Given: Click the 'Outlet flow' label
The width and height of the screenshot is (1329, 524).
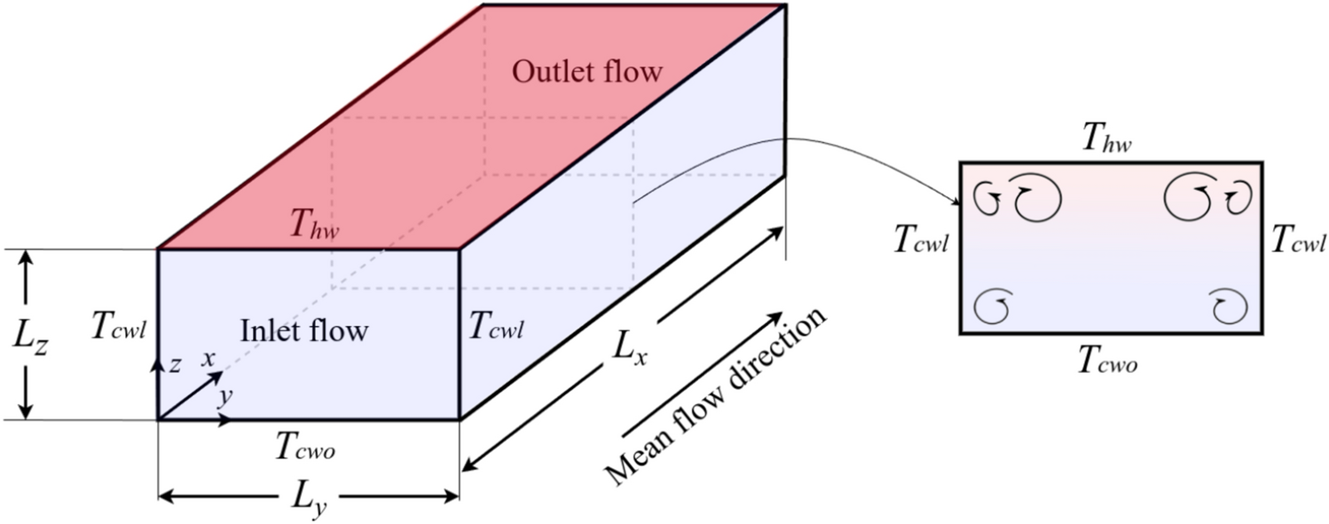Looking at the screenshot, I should pyautogui.click(x=586, y=72).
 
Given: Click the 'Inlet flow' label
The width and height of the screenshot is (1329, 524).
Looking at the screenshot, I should pyautogui.click(x=304, y=330).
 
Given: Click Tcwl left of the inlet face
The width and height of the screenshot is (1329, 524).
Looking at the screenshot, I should pyautogui.click(x=118, y=328).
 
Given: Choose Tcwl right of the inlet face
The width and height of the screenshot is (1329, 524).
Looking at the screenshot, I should pyautogui.click(x=495, y=328).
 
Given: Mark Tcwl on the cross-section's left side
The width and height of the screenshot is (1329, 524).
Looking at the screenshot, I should pyautogui.click(x=921, y=239).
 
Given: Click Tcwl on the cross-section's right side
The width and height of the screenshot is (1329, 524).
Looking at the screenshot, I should pyautogui.click(x=1300, y=239).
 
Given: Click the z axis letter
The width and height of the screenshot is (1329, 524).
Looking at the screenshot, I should pyautogui.click(x=176, y=365).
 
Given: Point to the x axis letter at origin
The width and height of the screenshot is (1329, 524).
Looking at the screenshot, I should pyautogui.click(x=209, y=358).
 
